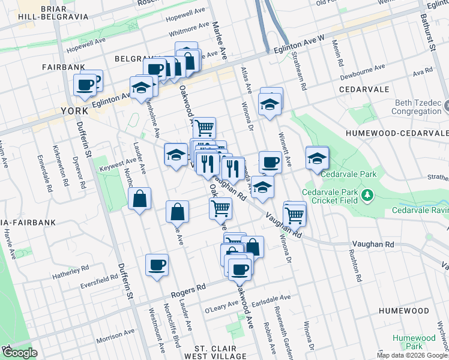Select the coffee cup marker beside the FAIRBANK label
tap(85, 85)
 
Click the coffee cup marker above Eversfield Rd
tap(157, 265)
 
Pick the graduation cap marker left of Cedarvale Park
tap(317, 159)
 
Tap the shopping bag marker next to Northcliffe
tap(139, 199)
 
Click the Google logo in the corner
tap(19, 353)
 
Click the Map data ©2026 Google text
tap(412, 355)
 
